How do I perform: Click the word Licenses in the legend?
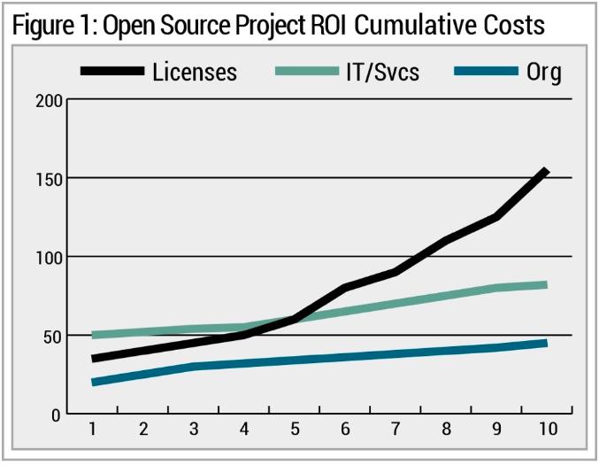click(194, 71)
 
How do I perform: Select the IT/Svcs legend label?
click(380, 71)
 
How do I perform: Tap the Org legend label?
click(543, 72)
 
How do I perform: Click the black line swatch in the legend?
click(111, 71)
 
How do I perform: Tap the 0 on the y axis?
click(55, 414)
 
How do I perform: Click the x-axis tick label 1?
click(92, 430)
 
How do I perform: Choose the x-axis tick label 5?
click(294, 430)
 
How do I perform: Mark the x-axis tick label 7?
click(395, 430)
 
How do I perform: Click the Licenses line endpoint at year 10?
click(546, 171)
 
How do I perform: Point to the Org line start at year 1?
click(93, 383)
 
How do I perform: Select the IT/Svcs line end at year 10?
click(546, 285)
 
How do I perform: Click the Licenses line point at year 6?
click(345, 288)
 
